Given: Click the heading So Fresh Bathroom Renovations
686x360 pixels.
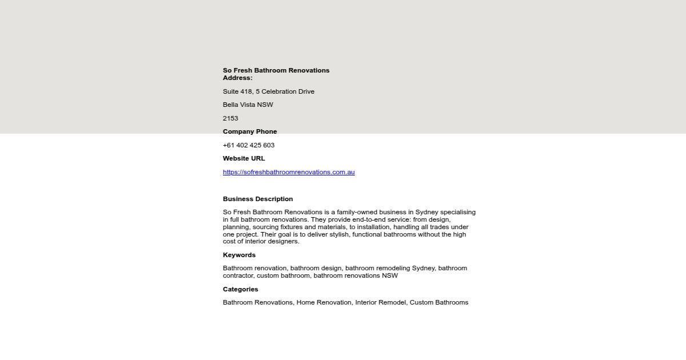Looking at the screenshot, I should (x=276, y=70).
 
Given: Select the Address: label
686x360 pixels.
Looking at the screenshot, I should (x=238, y=78).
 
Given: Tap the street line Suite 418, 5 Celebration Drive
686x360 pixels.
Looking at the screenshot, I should (x=269, y=91).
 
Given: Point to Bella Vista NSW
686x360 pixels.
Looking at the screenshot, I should (x=248, y=105).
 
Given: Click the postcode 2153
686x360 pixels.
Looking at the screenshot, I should (x=230, y=118).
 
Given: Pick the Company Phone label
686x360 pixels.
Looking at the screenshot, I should (x=250, y=131).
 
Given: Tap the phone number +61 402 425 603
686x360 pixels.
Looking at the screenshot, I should (x=249, y=145).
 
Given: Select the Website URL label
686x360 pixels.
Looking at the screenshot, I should (x=244, y=158).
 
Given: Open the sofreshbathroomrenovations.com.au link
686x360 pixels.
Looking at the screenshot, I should (x=289, y=172).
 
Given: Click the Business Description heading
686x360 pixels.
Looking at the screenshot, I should (x=258, y=199).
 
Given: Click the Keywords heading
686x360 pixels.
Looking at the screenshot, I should (x=239, y=255).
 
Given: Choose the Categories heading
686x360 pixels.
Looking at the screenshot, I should (x=241, y=289).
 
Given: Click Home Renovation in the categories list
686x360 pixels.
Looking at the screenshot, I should (x=324, y=302).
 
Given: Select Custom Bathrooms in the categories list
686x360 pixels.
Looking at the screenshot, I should (x=439, y=302).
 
